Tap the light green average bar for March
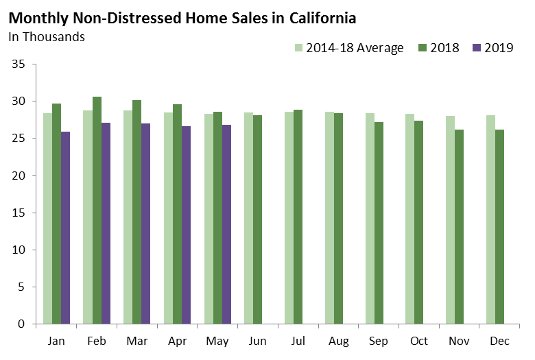(128, 217)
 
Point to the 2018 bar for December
(499, 226)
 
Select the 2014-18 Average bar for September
(370, 218)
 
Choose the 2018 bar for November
(459, 226)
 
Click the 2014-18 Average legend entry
(349, 48)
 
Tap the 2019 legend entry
(492, 48)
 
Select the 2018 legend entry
(439, 48)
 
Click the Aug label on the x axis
(338, 341)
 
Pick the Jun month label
(258, 341)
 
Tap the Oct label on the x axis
(419, 341)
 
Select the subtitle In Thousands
(47, 37)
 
